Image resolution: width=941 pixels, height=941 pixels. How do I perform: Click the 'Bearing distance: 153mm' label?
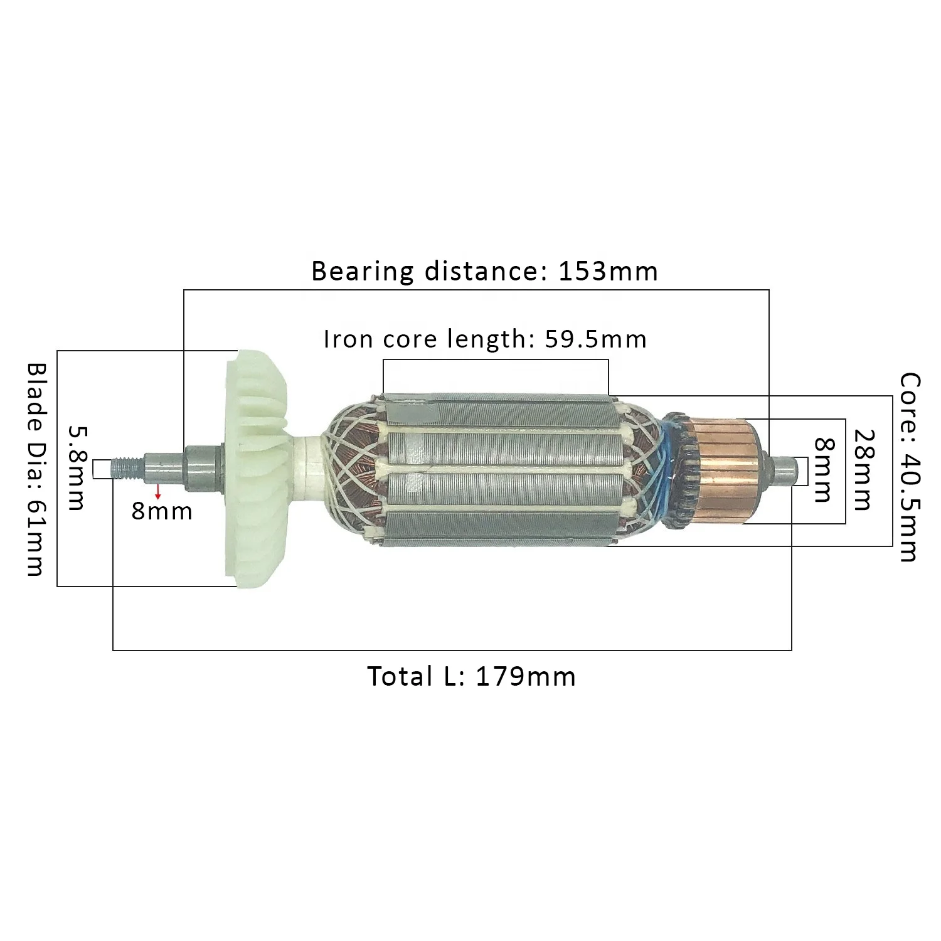(x=484, y=272)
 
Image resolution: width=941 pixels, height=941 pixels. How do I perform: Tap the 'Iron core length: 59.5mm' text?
(x=485, y=339)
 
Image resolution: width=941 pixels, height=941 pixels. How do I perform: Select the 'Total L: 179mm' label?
(x=471, y=677)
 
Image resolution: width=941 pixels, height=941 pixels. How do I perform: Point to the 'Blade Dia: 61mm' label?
(x=36, y=469)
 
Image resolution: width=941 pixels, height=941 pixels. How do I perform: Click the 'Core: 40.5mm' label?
(x=909, y=467)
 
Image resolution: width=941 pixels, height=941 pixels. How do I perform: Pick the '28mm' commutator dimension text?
(x=863, y=470)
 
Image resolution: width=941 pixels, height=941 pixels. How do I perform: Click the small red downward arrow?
(x=157, y=491)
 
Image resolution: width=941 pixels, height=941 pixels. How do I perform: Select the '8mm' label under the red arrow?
(x=162, y=512)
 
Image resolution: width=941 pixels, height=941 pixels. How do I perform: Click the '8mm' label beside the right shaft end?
(x=823, y=470)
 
